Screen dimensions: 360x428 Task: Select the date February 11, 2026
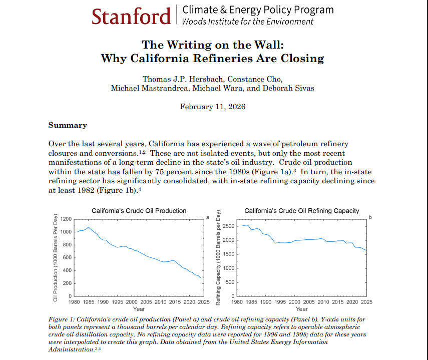[x=213, y=106]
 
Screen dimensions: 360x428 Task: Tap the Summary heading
[x=67, y=125]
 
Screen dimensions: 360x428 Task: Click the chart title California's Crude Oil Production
[x=139, y=211]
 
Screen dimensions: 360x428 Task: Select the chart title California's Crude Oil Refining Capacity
[x=301, y=211]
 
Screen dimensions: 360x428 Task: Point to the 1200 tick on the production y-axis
[x=66, y=219]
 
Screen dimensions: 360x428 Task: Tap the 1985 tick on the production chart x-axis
[x=88, y=302]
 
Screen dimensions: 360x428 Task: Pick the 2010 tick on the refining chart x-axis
[x=323, y=302]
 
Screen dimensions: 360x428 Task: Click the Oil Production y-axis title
[x=55, y=257]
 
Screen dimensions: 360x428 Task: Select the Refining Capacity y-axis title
[x=218, y=258]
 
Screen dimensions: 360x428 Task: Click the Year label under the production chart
[x=139, y=309]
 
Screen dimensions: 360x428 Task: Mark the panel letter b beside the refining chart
[x=370, y=217]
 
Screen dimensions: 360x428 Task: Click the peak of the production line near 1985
[x=88, y=227]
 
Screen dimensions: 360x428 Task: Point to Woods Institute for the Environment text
[x=248, y=22]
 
